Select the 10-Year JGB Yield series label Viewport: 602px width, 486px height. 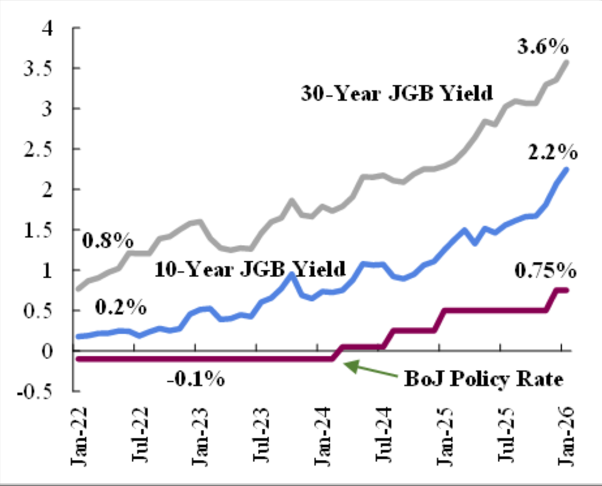pos(250,268)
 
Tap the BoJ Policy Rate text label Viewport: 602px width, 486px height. pos(482,380)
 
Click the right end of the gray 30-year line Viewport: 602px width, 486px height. pos(567,61)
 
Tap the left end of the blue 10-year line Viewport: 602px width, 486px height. pos(78,336)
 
